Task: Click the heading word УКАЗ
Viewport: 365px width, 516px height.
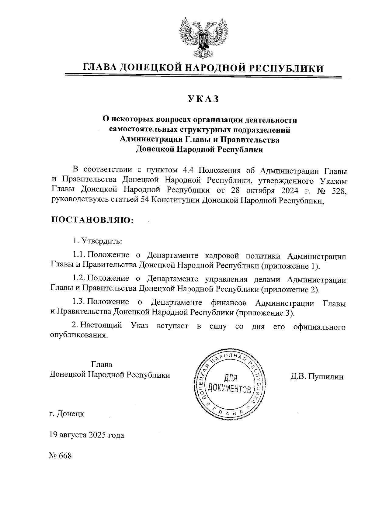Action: pos(203,99)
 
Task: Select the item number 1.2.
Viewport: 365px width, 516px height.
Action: pos(80,279)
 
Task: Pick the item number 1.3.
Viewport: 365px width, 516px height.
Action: pos(80,303)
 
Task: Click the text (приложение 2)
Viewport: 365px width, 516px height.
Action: pos(290,289)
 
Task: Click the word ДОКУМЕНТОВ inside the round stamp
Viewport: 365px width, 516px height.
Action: pos(230,389)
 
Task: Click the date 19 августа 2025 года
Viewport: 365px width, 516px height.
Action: pos(87,435)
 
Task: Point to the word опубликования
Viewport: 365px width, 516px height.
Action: pos(79,336)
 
